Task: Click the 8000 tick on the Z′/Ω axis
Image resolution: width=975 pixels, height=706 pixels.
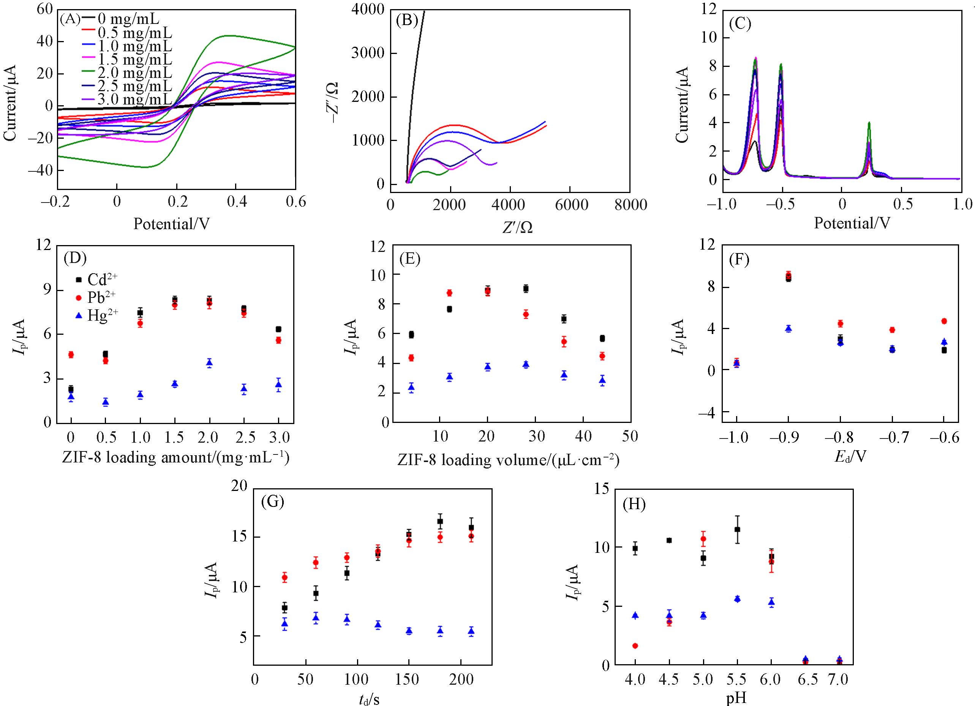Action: pyautogui.click(x=629, y=205)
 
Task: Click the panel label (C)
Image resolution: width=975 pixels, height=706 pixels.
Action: pyautogui.click(x=740, y=23)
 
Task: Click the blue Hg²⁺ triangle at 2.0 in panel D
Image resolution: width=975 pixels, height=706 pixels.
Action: pyautogui.click(x=209, y=363)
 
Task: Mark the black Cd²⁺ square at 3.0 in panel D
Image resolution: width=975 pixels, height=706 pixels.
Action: pyautogui.click(x=278, y=329)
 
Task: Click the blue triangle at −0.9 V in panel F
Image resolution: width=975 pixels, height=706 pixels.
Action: pyautogui.click(x=788, y=329)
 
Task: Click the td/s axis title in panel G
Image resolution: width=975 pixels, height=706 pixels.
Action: pyautogui.click(x=369, y=699)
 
